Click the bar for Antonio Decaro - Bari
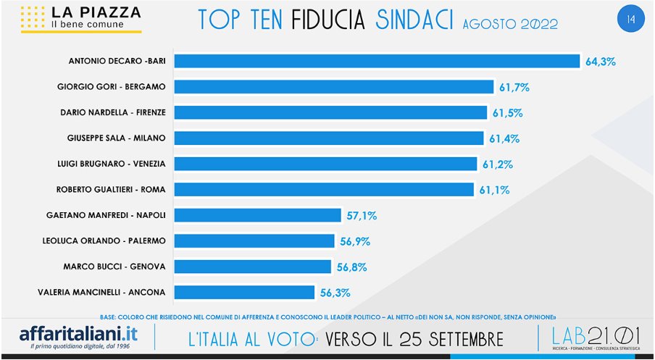coord(377,62)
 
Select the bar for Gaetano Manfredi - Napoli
coord(257,215)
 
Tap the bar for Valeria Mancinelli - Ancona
coord(244,293)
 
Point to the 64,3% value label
coord(601,62)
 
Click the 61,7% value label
coord(514,88)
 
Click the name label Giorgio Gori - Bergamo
coord(112,87)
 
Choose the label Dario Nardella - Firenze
coord(113,112)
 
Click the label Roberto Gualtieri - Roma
coord(111,190)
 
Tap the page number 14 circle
coord(630,19)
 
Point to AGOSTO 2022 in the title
coord(510,23)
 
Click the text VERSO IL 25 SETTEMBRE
coord(414,338)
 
